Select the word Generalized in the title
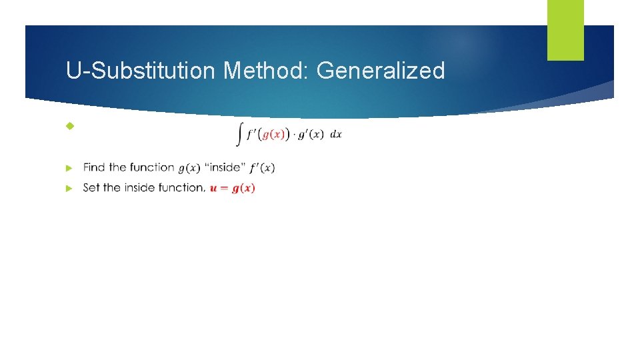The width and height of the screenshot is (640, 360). pyautogui.click(x=381, y=70)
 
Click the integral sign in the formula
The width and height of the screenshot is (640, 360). pyautogui.click(x=239, y=135)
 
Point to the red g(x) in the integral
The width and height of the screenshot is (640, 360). pyautogui.click(x=275, y=134)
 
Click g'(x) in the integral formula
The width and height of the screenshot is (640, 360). pyautogui.click(x=311, y=134)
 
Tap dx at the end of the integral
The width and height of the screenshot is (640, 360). pyautogui.click(x=336, y=134)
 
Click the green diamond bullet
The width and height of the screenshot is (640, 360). pyautogui.click(x=70, y=126)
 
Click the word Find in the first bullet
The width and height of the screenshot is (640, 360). pyautogui.click(x=94, y=167)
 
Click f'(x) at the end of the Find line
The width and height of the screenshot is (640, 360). pyautogui.click(x=262, y=167)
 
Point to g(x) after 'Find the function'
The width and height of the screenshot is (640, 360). pyautogui.click(x=189, y=167)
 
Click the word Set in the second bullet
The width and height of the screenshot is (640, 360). pyautogui.click(x=91, y=188)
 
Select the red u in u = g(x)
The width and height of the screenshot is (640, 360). pyautogui.click(x=213, y=188)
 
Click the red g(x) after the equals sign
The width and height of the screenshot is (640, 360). pyautogui.click(x=243, y=188)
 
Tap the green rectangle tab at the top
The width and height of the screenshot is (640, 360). pyautogui.click(x=565, y=30)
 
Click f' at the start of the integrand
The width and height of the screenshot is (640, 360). pyautogui.click(x=249, y=134)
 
